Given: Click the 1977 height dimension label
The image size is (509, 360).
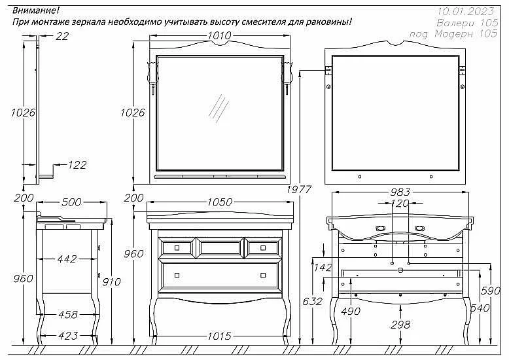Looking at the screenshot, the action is click(x=298, y=189).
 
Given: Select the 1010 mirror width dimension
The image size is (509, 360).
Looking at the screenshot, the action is click(x=219, y=35).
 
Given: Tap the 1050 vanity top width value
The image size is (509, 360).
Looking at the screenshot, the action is click(x=220, y=202).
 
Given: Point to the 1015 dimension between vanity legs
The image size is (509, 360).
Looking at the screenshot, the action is click(x=219, y=336).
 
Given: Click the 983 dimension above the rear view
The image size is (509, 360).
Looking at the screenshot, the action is click(x=400, y=192).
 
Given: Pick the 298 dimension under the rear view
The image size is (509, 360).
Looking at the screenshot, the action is click(x=400, y=324).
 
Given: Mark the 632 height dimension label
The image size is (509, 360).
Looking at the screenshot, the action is click(x=312, y=301).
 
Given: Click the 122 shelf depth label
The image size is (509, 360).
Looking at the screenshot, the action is click(x=77, y=165).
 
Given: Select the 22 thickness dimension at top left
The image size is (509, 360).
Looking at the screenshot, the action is click(x=62, y=36).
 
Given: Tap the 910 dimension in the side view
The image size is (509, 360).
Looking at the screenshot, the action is click(x=111, y=282).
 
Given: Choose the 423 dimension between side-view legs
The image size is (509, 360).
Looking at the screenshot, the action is click(x=68, y=336).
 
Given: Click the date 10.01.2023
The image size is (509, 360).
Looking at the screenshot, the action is click(x=466, y=11).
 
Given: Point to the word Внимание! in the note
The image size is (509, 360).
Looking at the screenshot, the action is click(x=36, y=10).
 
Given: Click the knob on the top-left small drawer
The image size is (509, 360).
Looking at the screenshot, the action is click(x=177, y=248).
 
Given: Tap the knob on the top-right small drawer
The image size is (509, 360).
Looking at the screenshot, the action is click(x=263, y=248).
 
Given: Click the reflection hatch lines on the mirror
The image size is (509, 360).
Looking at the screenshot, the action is click(x=219, y=109).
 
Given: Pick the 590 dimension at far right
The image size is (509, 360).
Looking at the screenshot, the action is click(x=491, y=291).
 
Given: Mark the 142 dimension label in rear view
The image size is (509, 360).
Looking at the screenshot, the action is click(x=323, y=268).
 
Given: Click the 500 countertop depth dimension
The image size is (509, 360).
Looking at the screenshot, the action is click(x=71, y=202).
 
